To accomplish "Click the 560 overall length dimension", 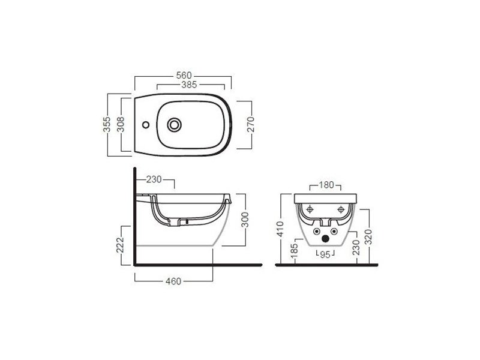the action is coord(184,76).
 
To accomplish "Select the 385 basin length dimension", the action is coord(189,85).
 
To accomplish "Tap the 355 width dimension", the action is coord(107,124).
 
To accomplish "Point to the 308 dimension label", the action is coord(121,124).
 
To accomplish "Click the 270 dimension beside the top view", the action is coord(251,124).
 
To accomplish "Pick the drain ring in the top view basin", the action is coord(174,125).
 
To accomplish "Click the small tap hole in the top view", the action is coord(146,125).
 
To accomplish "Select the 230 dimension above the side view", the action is coord(154,179).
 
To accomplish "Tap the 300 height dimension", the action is coord(245,220).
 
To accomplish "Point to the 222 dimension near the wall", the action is coord(120,245).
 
